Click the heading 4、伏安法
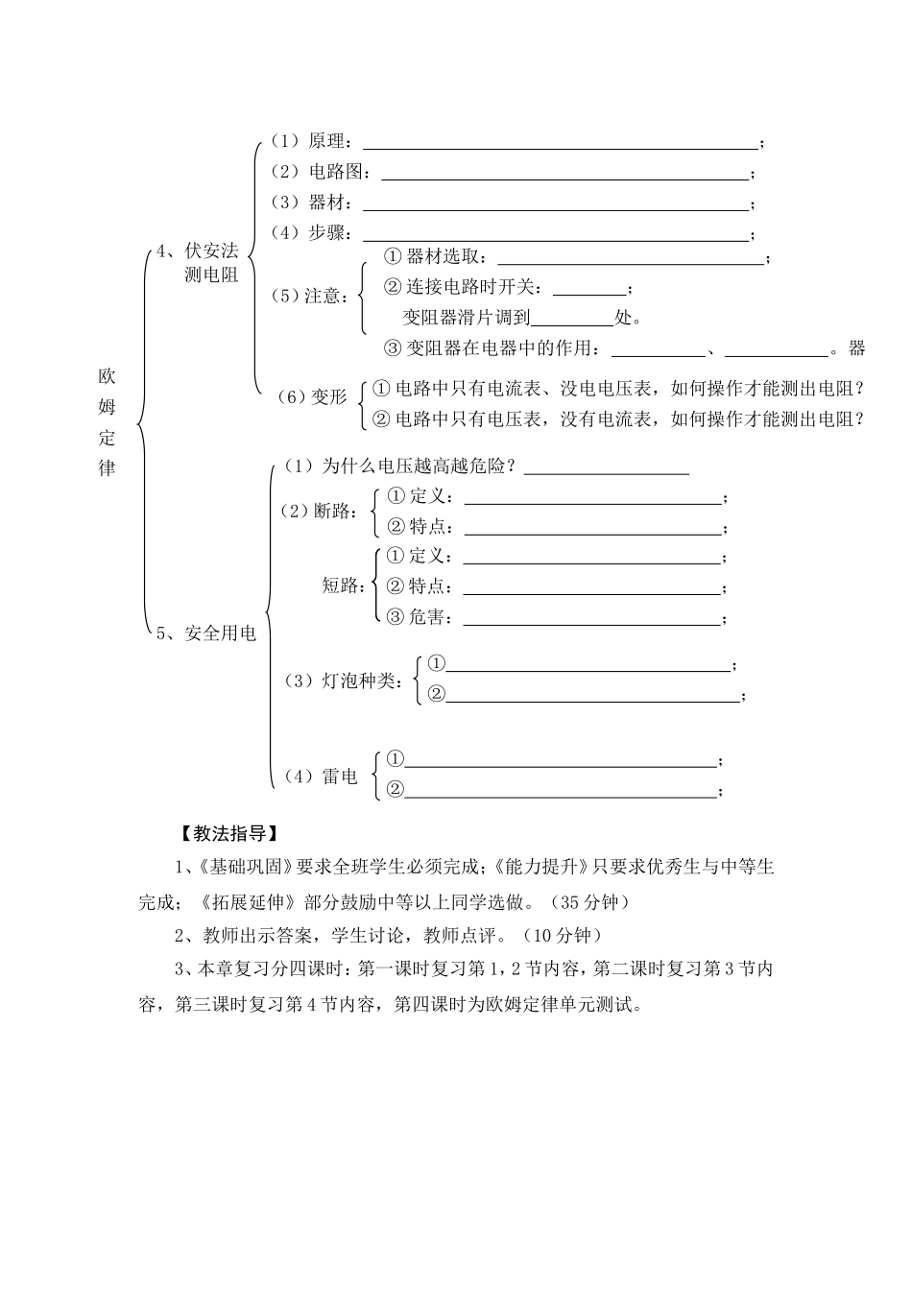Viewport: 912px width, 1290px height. (x=198, y=251)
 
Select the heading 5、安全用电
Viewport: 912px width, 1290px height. (x=206, y=633)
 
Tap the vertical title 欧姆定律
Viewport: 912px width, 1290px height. (x=107, y=421)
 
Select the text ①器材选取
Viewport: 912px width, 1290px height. (x=435, y=257)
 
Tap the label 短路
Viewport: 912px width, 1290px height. (x=344, y=586)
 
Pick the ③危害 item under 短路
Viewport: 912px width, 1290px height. (x=419, y=617)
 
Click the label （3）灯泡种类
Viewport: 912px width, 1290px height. (x=342, y=681)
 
